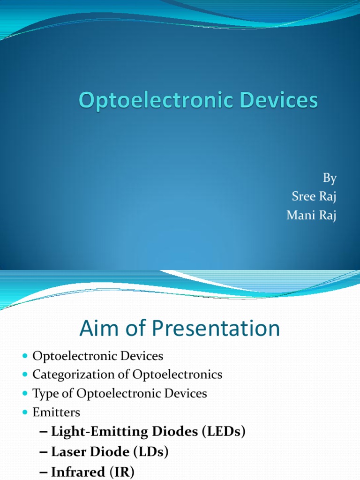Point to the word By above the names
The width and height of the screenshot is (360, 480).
click(x=330, y=178)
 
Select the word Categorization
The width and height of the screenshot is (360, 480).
click(x=74, y=375)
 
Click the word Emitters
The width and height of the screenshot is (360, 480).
click(x=56, y=412)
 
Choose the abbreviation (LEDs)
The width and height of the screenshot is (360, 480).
click(x=223, y=432)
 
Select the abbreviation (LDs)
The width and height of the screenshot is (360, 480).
click(x=150, y=452)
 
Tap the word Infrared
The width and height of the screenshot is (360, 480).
click(x=77, y=472)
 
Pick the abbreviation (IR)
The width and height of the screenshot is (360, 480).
click(x=121, y=472)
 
